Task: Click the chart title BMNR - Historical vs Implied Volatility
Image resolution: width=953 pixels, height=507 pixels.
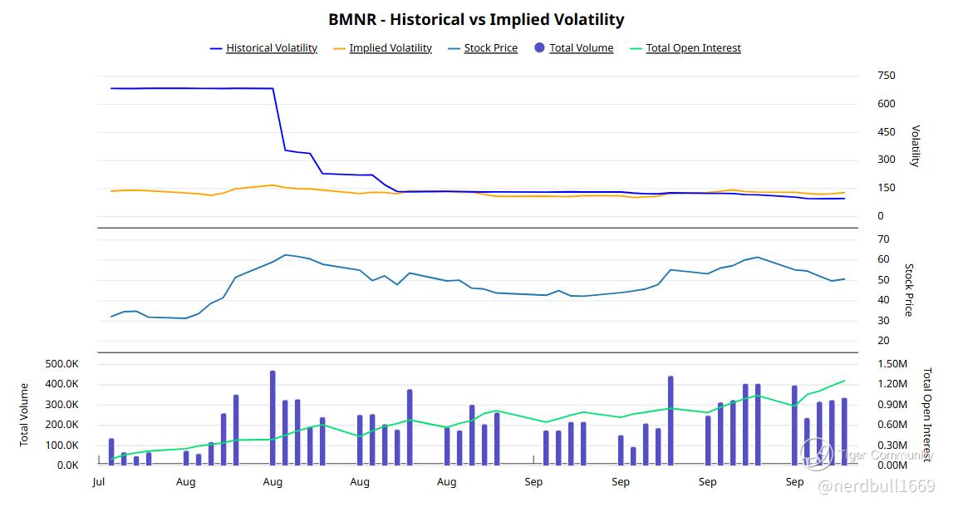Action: pyautogui.click(x=476, y=19)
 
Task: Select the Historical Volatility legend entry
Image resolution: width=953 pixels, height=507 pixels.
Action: pyautogui.click(x=271, y=48)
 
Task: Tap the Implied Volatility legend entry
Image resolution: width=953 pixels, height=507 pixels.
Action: pyautogui.click(x=390, y=48)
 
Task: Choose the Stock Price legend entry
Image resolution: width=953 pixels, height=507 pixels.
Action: pyautogui.click(x=490, y=48)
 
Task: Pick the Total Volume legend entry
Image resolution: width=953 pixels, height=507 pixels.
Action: pyautogui.click(x=581, y=48)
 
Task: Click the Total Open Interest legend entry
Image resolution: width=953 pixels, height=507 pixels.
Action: pyautogui.click(x=693, y=48)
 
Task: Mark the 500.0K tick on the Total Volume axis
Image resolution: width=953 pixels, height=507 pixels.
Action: pyautogui.click(x=62, y=364)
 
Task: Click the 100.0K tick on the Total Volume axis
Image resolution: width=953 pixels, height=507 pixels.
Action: pyautogui.click(x=62, y=445)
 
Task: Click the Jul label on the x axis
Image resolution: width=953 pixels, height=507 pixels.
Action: pyautogui.click(x=98, y=482)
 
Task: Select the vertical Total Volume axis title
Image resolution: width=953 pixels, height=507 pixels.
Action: pyautogui.click(x=25, y=414)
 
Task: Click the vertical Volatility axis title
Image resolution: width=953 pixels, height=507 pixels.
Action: pyautogui.click(x=916, y=146)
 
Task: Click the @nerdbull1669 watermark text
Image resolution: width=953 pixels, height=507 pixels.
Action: pyautogui.click(x=877, y=485)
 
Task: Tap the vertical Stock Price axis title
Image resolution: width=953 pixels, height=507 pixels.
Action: pyautogui.click(x=909, y=290)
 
